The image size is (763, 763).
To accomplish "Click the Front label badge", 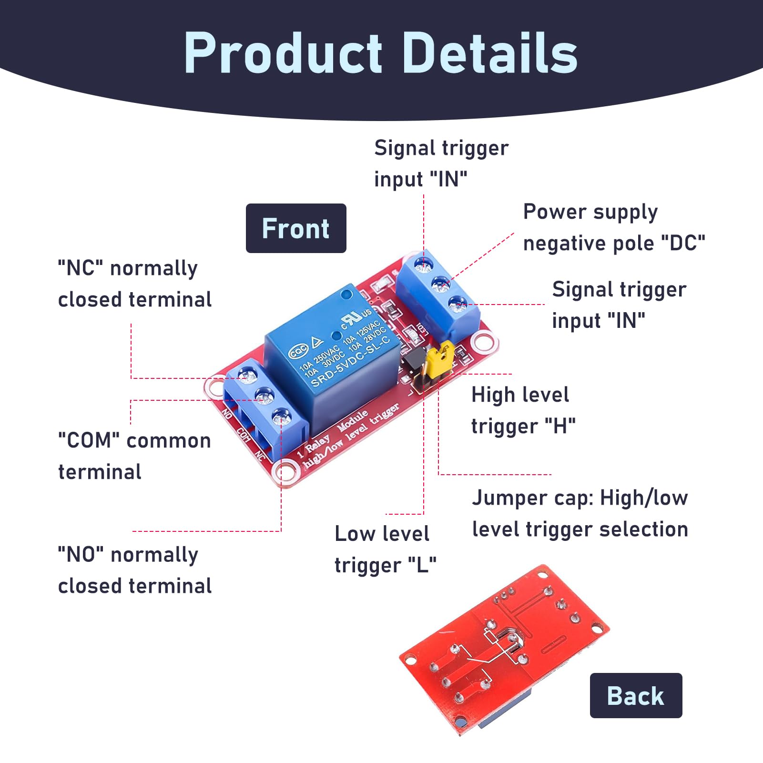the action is click(x=296, y=228).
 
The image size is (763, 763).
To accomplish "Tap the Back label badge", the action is click(x=636, y=695).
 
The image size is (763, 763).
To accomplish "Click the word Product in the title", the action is click(x=283, y=52).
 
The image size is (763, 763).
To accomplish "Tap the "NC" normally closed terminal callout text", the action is click(x=134, y=284).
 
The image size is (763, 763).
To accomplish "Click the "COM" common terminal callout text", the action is click(x=134, y=456).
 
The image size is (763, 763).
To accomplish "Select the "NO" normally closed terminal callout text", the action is click(x=134, y=570).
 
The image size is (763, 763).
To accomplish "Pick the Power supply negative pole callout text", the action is click(x=614, y=227).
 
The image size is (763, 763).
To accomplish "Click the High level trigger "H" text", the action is click(x=523, y=410).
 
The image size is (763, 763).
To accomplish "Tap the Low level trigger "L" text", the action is click(x=386, y=549).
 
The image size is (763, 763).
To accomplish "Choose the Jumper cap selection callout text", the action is click(x=580, y=513).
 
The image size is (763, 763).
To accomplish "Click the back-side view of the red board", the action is click(x=504, y=651).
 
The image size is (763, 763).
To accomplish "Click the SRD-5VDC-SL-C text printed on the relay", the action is click(x=350, y=361).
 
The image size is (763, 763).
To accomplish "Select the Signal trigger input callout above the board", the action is click(x=441, y=163).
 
